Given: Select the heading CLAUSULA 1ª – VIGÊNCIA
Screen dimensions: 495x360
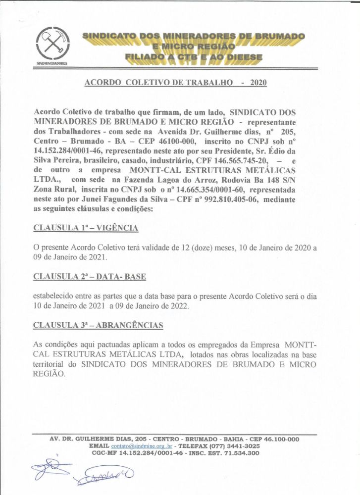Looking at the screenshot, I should [85, 228].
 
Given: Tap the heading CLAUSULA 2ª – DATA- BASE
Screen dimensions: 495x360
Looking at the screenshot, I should [89, 277].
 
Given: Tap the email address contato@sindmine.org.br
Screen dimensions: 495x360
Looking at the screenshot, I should [136, 446].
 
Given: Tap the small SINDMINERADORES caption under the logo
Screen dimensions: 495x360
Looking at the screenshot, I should [51, 64].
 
